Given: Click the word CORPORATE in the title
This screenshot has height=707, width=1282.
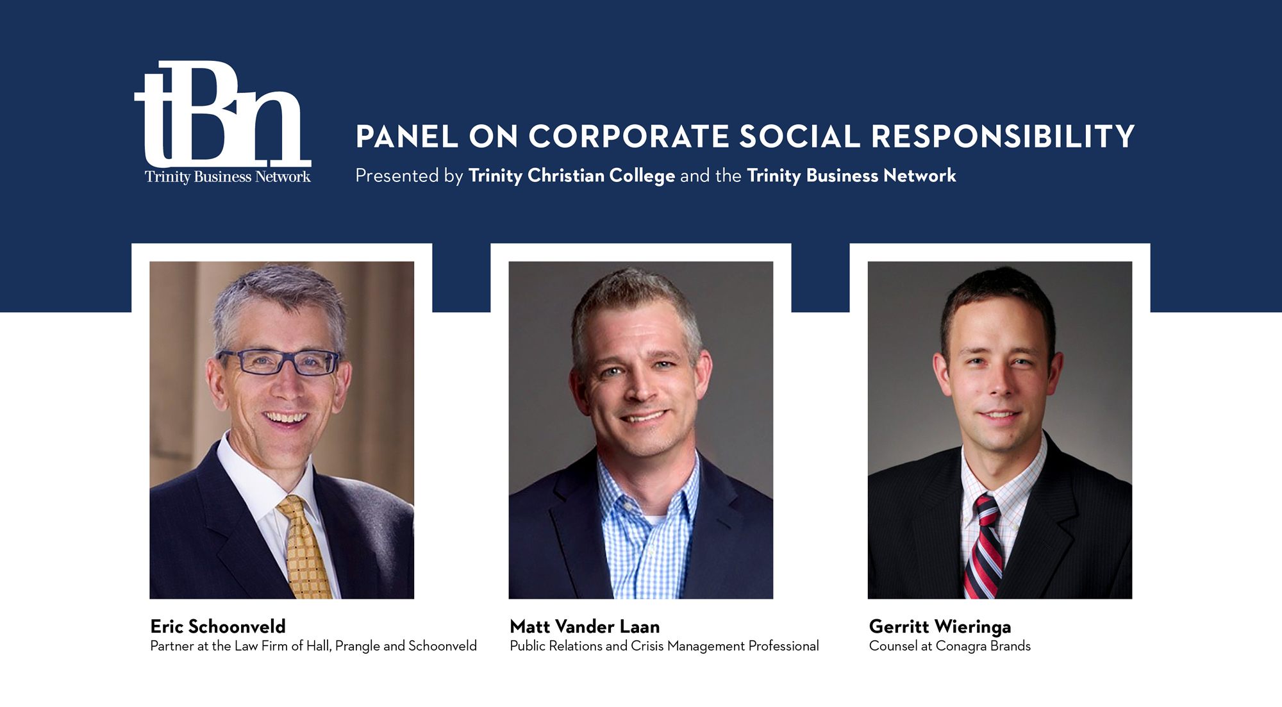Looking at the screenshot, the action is coord(629,137).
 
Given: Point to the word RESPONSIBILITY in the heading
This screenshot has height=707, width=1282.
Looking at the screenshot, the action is coord(1003,137).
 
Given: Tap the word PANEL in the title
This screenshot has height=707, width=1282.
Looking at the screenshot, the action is coord(407,137).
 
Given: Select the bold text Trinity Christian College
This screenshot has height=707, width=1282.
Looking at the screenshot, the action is coord(572,176).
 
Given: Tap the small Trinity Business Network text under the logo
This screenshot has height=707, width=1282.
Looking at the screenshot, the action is coord(228,177).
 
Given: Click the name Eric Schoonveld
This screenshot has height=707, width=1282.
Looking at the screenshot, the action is coord(218,626).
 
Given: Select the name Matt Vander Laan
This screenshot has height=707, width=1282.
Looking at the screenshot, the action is coord(585,626).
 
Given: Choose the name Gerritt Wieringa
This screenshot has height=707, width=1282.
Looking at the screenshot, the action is coord(940,626).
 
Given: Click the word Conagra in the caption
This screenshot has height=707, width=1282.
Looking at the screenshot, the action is coord(961,646).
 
